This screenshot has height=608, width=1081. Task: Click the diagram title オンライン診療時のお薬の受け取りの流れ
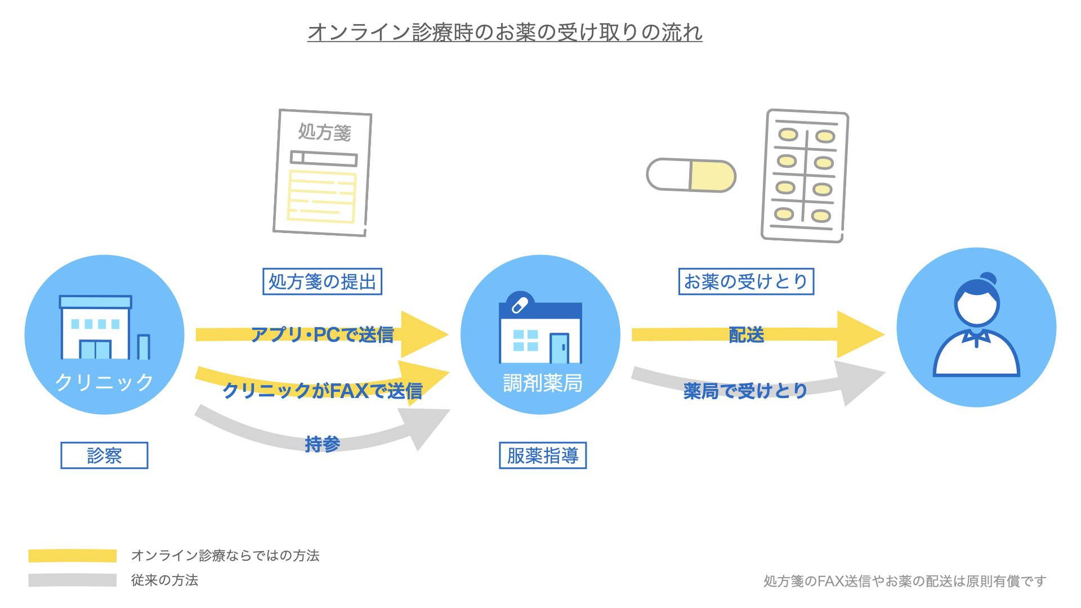click(504, 32)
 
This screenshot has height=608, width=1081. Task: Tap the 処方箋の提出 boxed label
click(322, 281)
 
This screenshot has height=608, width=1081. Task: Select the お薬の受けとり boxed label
click(746, 281)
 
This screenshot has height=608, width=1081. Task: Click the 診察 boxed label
click(104, 455)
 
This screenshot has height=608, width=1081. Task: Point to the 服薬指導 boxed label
click(543, 455)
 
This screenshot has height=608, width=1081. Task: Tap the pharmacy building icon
click(540, 329)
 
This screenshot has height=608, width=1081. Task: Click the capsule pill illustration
click(691, 175)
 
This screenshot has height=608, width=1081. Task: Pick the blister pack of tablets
click(804, 176)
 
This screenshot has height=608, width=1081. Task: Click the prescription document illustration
click(322, 173)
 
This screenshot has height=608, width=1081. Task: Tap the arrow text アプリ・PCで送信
click(322, 335)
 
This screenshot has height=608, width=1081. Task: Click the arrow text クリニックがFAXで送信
click(322, 390)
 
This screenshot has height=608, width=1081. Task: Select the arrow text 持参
click(322, 444)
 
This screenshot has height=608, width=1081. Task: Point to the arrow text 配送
click(746, 335)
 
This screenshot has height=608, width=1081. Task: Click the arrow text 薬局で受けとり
click(745, 390)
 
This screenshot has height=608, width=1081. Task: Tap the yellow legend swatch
click(73, 556)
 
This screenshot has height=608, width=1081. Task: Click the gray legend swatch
click(73, 580)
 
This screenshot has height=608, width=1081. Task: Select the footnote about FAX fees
click(904, 581)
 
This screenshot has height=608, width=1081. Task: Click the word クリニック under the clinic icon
click(104, 382)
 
